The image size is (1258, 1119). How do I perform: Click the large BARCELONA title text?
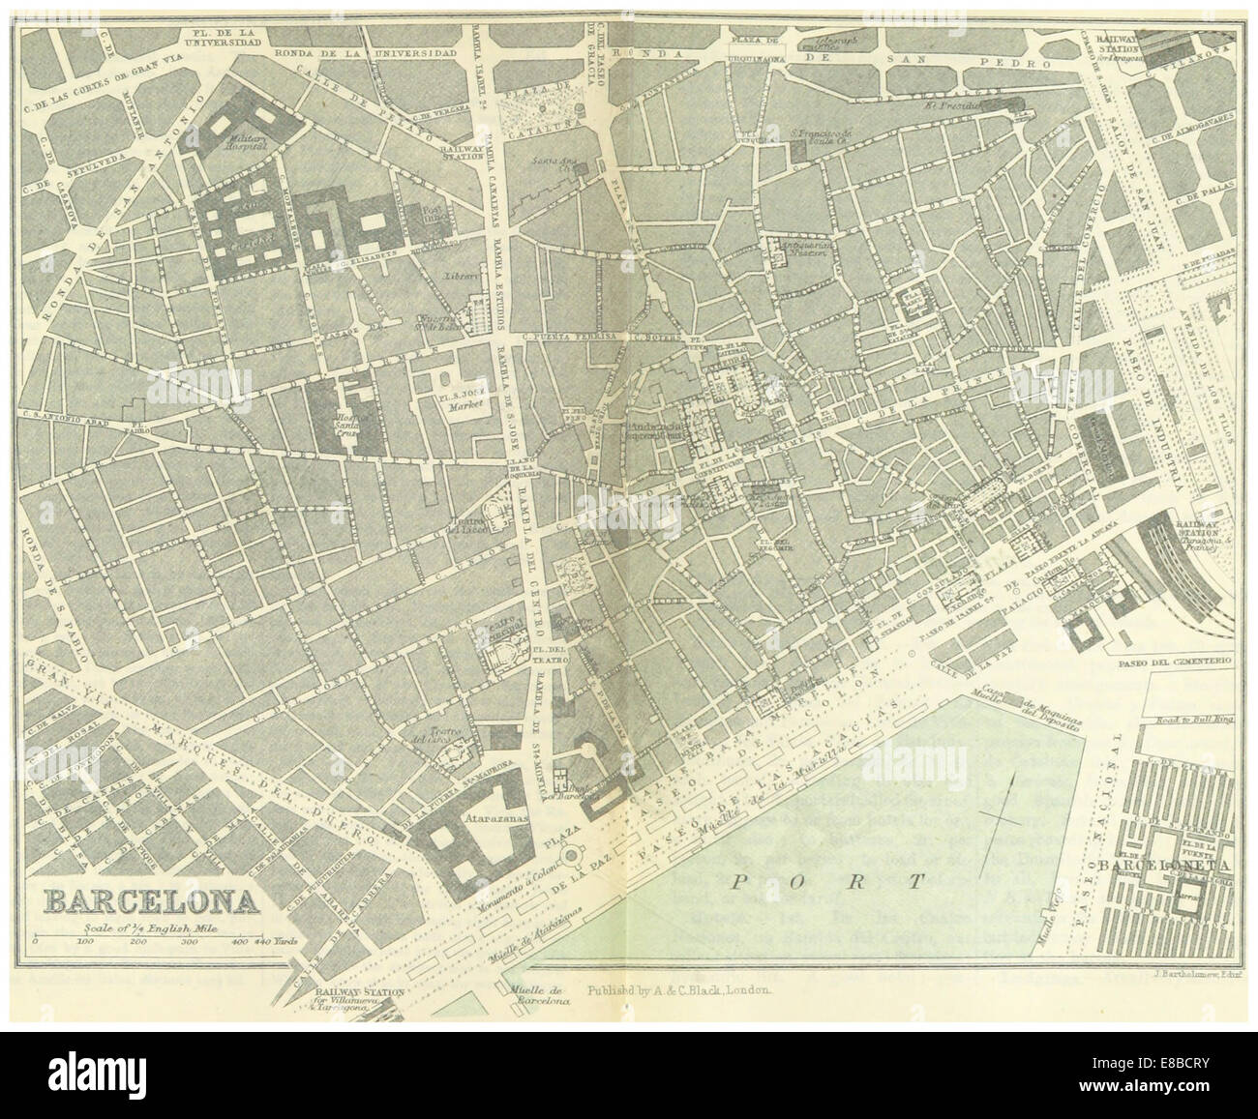(x=150, y=900)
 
